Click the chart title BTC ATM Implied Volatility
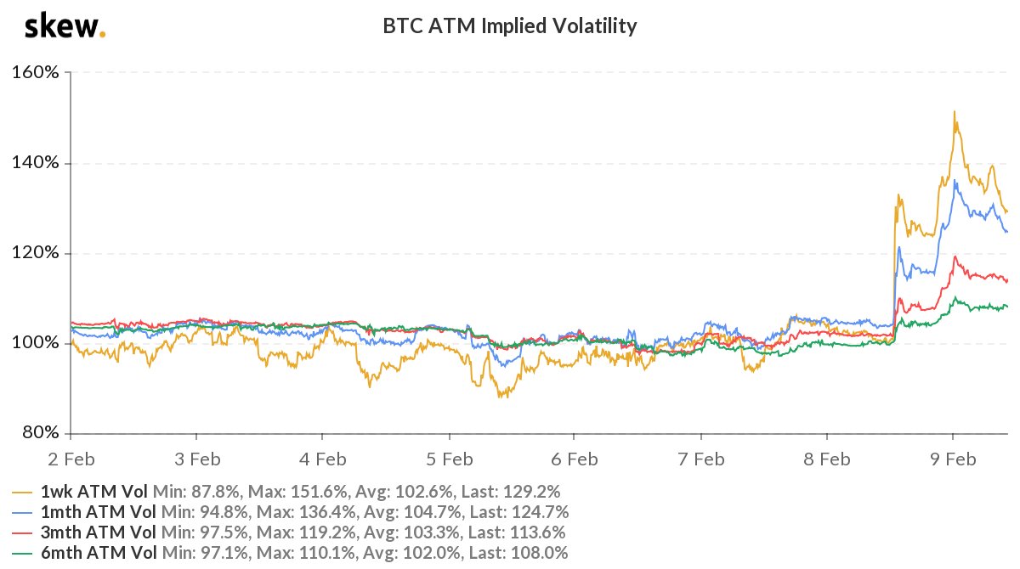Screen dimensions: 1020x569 pyautogui.click(x=510, y=26)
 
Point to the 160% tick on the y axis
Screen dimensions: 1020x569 pyautogui.click(x=35, y=73)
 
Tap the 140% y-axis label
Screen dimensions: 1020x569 pyautogui.click(x=35, y=163)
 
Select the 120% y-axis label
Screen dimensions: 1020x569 pyautogui.click(x=35, y=253)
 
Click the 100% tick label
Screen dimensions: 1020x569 pyautogui.click(x=35, y=343)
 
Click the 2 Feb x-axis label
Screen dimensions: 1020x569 pyautogui.click(x=71, y=459)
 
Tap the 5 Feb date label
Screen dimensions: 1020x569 pyautogui.click(x=448, y=459)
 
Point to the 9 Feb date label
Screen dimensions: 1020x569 pyautogui.click(x=952, y=459)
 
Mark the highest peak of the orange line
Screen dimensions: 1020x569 pyautogui.click(x=955, y=111)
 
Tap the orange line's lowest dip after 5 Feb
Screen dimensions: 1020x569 pyautogui.click(x=501, y=397)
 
